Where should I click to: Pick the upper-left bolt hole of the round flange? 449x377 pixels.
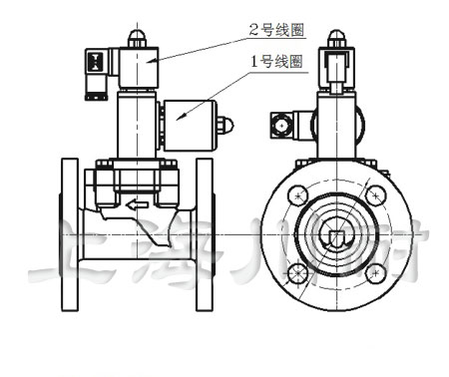click(x=295, y=195)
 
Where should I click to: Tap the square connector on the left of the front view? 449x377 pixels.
click(x=280, y=126)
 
